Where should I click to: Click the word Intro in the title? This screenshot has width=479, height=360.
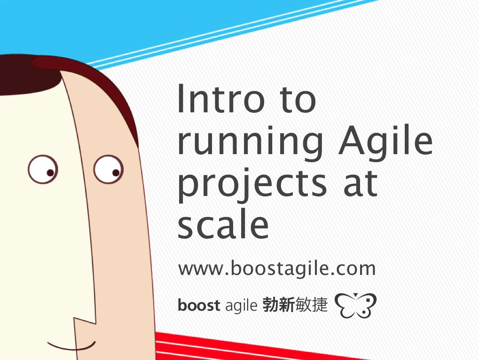click(221, 99)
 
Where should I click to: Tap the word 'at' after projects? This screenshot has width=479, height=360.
click(361, 183)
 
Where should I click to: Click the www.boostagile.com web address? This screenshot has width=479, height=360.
click(277, 268)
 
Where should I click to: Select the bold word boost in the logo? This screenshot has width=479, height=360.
click(198, 305)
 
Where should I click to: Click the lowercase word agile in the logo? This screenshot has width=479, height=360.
click(241, 305)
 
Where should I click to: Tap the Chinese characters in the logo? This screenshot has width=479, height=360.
click(295, 305)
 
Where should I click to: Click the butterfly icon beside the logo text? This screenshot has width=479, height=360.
click(355, 305)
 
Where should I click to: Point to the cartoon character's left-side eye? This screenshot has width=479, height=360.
click(43, 169)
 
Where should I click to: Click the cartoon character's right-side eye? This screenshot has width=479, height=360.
click(109, 169)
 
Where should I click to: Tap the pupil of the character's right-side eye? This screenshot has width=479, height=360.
click(116, 173)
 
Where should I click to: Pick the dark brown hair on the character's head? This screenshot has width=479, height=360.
click(61, 76)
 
